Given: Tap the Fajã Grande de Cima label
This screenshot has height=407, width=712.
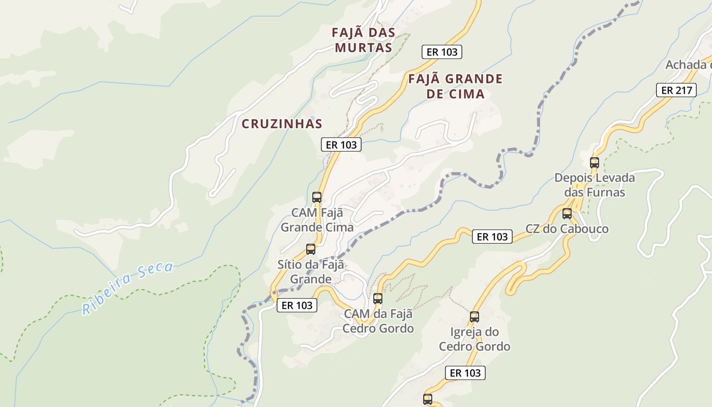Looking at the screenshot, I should (455, 86).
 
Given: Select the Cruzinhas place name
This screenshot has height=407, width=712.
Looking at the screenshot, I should (282, 124).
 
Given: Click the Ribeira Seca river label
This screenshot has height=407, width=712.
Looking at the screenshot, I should (128, 287).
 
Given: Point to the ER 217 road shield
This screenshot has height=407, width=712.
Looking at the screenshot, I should (675, 91).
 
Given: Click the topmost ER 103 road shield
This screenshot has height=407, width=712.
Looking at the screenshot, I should (442, 52).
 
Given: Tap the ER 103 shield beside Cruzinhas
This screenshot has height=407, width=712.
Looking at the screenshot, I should (341, 144).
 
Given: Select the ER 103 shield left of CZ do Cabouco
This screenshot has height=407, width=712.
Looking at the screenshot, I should (492, 237).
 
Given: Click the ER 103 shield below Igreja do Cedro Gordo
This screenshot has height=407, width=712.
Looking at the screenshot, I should (465, 373).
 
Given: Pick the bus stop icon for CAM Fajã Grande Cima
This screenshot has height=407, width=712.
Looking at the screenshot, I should (317, 197).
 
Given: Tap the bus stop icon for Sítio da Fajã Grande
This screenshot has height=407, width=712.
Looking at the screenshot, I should (311, 249).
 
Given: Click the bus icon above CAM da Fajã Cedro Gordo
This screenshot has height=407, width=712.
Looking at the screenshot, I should (377, 299).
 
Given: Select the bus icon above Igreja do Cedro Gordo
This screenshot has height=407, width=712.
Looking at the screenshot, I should (474, 317).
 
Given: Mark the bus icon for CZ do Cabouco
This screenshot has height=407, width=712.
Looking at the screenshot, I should (567, 214).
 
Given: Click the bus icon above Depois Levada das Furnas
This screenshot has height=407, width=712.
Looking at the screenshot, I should (594, 163).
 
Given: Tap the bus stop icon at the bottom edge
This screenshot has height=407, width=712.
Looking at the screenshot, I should (428, 399).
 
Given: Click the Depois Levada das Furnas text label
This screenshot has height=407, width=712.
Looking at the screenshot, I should (595, 185).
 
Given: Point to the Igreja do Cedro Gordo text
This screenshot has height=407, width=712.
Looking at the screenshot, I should (474, 339).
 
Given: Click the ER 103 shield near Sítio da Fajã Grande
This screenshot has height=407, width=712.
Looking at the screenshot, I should (297, 305).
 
